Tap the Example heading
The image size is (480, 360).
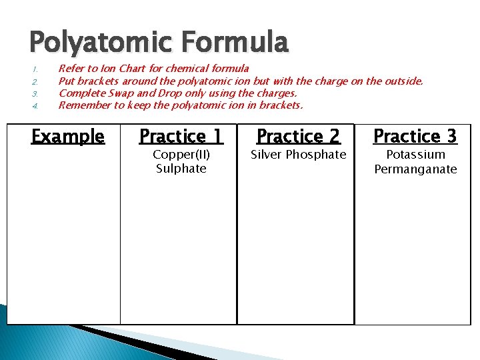click(68, 137)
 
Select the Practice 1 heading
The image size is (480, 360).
click(181, 137)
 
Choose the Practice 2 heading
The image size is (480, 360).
click(298, 137)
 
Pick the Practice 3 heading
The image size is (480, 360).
click(415, 137)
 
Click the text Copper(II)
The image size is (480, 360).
click(181, 155)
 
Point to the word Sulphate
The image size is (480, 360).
click(181, 169)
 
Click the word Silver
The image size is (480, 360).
click(266, 155)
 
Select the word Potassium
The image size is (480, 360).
click(415, 155)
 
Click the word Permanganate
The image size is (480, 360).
click(415, 169)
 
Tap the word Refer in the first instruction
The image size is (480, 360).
click(71, 69)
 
